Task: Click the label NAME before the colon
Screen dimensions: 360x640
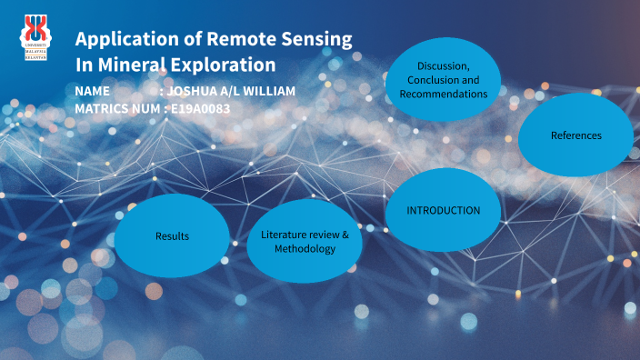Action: point(93,92)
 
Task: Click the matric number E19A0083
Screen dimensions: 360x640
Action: point(200,108)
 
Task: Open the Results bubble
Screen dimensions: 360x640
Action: point(172,235)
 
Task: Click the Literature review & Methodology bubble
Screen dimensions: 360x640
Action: point(305,242)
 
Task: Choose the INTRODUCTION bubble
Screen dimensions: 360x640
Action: point(443,210)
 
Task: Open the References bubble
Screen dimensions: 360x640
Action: point(575,135)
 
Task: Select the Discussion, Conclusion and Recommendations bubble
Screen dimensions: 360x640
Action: point(443,80)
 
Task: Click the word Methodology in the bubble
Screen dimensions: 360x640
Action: point(305,249)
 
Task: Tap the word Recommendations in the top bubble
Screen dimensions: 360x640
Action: point(443,94)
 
